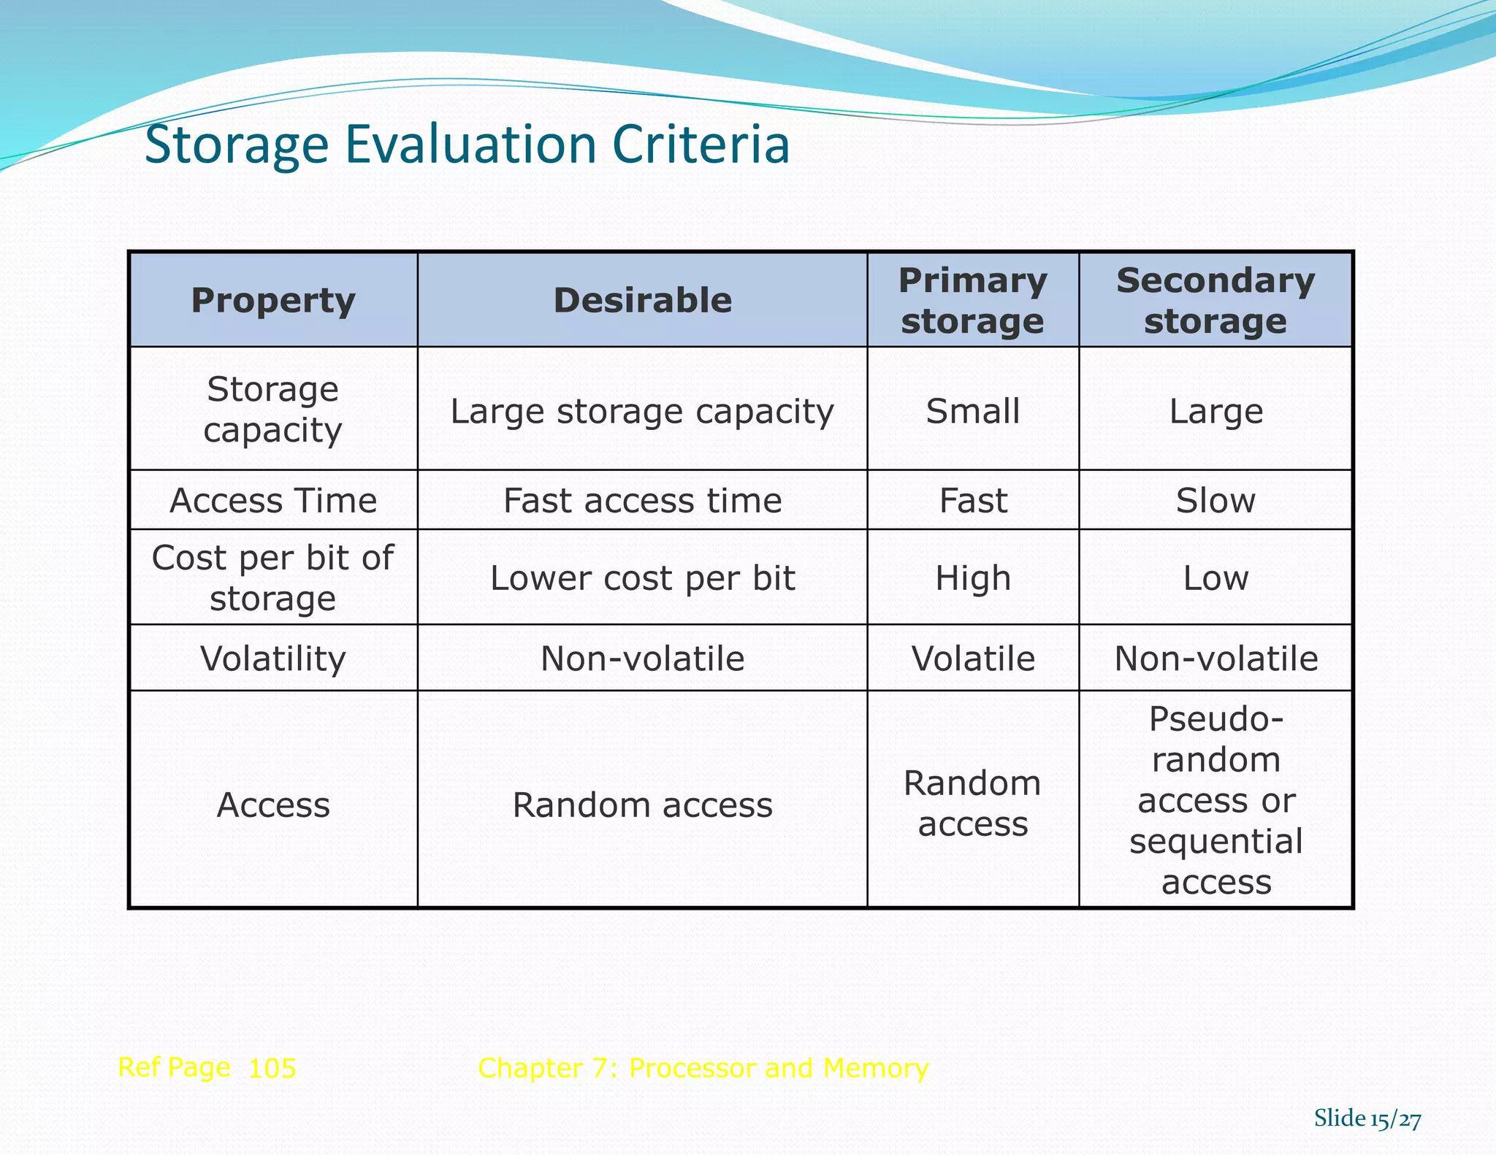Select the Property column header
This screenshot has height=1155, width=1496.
(273, 300)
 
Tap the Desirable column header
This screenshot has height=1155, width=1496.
(643, 300)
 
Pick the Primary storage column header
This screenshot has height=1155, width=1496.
(973, 300)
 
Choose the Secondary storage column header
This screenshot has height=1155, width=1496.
(1215, 300)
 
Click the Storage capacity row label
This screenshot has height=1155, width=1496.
(273, 409)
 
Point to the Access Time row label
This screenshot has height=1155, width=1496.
(273, 501)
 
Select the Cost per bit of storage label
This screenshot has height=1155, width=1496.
(273, 577)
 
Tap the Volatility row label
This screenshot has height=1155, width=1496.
(273, 659)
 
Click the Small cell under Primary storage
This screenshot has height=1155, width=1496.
(973, 411)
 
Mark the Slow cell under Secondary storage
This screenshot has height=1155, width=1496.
(1215, 501)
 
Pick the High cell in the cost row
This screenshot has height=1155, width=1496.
(973, 578)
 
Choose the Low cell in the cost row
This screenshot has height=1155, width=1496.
(1215, 578)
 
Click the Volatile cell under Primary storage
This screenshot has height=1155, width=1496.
(973, 659)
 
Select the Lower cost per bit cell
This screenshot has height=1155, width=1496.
(643, 578)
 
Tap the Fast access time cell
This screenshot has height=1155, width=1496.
(643, 501)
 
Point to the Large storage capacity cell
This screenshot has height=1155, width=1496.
(643, 411)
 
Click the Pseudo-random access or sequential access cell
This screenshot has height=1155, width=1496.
(1215, 800)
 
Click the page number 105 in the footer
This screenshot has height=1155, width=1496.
(272, 1068)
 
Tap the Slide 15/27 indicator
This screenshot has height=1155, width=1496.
(1367, 1118)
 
